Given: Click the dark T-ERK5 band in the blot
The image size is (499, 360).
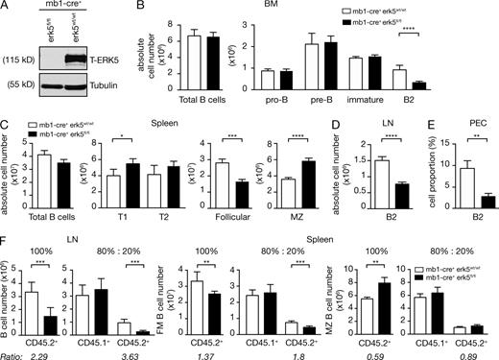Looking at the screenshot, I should click(108, 66).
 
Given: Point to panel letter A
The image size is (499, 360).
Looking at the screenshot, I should click(8, 8).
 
